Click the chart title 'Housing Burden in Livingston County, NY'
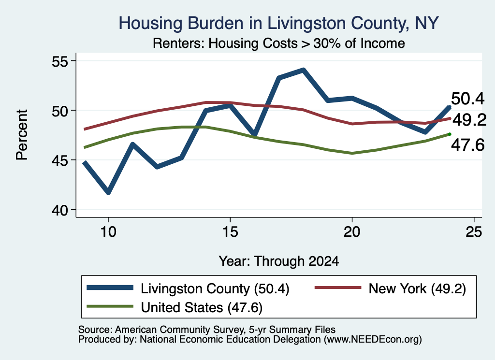[x=278, y=23]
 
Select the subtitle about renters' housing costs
[x=279, y=43]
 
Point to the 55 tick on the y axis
[x=60, y=61]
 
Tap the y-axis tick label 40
[x=60, y=210]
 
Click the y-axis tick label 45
[x=60, y=160]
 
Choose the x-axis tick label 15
[x=230, y=232]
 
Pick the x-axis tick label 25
[x=474, y=232]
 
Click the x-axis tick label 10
[x=108, y=232]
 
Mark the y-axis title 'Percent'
[x=22, y=135]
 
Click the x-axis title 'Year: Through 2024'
[x=279, y=261]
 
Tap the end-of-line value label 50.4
[x=467, y=99]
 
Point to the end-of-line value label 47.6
[x=467, y=145]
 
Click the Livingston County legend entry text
[x=215, y=288]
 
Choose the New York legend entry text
[x=417, y=288]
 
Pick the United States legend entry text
[x=202, y=307]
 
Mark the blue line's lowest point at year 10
[x=108, y=192]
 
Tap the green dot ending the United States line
[x=450, y=134]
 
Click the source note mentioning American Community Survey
[x=207, y=330]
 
